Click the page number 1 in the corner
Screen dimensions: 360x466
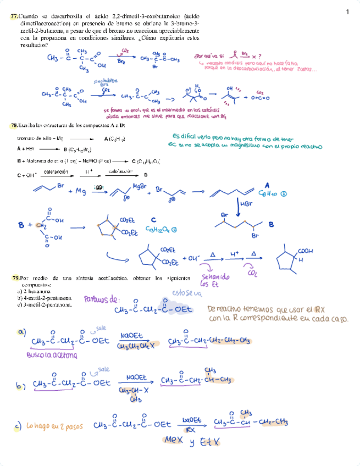click(348, 12)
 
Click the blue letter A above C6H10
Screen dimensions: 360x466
click(268, 185)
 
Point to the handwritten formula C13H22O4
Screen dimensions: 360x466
click(161, 230)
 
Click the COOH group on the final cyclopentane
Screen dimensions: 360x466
click(306, 251)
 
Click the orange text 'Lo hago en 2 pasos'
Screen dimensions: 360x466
click(53, 425)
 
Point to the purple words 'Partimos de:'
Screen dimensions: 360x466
click(101, 299)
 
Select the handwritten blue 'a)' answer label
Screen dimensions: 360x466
click(22, 332)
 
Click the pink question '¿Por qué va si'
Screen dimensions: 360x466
click(208, 56)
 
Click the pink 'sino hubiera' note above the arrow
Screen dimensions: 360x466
click(103, 80)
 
